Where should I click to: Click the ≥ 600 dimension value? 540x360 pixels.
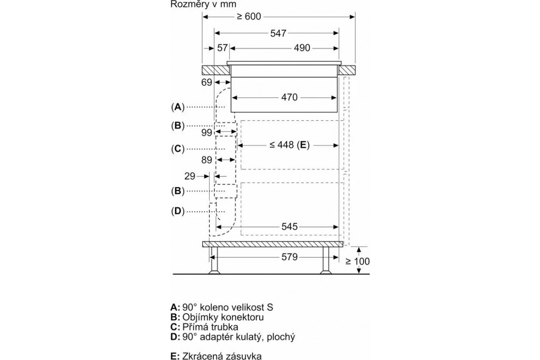[249, 17]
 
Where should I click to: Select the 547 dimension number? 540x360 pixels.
[278, 33]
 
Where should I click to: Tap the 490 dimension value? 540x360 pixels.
[302, 48]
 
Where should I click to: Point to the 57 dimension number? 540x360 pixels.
[222, 48]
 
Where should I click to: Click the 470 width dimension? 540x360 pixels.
[289, 97]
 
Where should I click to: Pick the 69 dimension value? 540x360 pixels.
[207, 82]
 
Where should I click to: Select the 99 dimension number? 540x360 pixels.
[207, 133]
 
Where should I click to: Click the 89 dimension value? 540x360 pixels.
[207, 160]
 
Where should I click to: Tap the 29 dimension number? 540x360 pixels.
[190, 176]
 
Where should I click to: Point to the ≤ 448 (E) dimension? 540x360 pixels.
[289, 145]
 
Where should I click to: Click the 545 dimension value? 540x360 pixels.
[289, 227]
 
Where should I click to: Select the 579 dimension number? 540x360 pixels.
[289, 257]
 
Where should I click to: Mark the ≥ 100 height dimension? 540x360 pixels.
[357, 261]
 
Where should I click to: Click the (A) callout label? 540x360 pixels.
[178, 107]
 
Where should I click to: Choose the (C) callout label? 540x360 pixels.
[178, 149]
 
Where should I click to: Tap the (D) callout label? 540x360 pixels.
[178, 211]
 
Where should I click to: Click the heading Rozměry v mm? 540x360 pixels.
[203, 4]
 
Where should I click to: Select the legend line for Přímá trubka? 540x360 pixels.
[204, 327]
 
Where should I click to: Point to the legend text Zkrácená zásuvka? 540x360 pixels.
[216, 356]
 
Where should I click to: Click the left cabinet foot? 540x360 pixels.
[214, 261]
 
